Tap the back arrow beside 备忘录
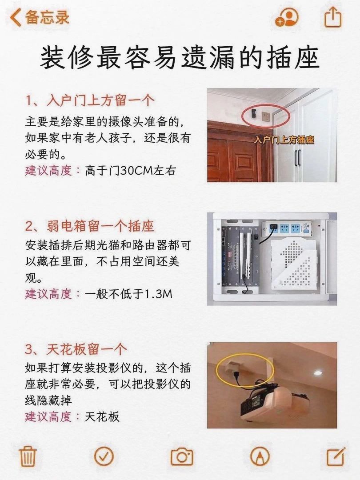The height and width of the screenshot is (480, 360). point(15,17)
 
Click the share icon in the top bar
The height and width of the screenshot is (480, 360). point(333,17)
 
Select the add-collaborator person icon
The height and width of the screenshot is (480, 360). point(287,17)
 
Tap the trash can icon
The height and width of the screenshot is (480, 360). point(28,456)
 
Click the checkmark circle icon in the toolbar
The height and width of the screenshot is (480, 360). point(104,456)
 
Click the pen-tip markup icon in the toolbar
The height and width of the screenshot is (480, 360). point(260,456)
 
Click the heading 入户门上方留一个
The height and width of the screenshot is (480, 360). point(90,101)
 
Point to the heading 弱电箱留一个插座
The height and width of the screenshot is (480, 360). point(90,227)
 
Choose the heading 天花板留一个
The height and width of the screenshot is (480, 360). point(76,349)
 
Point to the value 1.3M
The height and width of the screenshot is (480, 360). point(158,294)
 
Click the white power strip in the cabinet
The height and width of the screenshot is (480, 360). point(290,228)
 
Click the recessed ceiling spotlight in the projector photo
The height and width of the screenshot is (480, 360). point(315,373)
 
